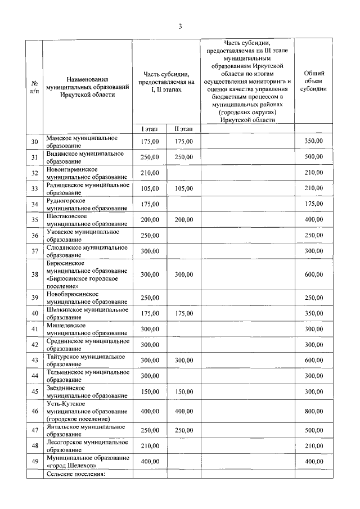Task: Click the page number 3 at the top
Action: click(x=180, y=26)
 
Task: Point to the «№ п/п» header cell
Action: click(x=35, y=87)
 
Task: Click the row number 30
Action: click(x=35, y=141)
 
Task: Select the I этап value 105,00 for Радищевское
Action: click(x=150, y=188)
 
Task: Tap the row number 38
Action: click(x=35, y=274)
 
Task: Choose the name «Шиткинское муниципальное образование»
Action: click(x=88, y=313)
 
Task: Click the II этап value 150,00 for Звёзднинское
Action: click(x=183, y=391)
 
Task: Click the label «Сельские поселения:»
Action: click(x=76, y=474)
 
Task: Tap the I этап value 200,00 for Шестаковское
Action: click(x=150, y=219)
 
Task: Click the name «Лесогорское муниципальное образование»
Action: click(x=88, y=446)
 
